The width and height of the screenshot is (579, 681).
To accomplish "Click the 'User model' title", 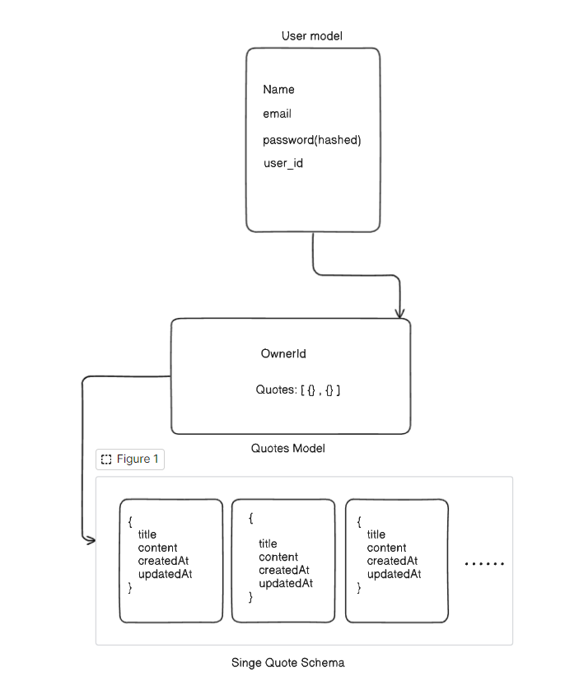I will point(311,35).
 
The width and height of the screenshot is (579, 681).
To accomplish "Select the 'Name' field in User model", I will point(278,89).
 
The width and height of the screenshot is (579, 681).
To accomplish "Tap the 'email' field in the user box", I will point(277,114).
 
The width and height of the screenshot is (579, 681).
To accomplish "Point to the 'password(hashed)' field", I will point(312,139).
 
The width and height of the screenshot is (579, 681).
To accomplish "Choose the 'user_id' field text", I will point(282,163).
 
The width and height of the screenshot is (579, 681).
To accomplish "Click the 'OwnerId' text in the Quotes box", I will point(283,353).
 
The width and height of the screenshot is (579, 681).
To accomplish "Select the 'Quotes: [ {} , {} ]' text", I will point(297,389).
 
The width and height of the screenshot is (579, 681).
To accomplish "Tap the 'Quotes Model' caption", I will point(287,448).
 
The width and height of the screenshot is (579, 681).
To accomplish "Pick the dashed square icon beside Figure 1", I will point(105,459).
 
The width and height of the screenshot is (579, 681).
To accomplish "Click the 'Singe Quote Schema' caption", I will point(287,662).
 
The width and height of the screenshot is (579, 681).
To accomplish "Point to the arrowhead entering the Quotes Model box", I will point(399,313).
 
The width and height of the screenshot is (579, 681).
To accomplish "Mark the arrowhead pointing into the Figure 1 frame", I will point(91,539).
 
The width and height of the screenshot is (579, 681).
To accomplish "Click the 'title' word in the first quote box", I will point(147,534).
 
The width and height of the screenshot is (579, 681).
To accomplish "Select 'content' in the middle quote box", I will point(278,557).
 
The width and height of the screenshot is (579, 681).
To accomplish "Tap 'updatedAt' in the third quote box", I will point(394,574).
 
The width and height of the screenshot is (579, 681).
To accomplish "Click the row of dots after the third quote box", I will point(484,564).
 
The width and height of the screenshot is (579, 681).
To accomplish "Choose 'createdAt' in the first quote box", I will point(163,561).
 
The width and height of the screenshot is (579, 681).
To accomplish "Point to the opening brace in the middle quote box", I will point(251,518).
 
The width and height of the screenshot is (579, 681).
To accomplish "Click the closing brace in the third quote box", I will point(359,587).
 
